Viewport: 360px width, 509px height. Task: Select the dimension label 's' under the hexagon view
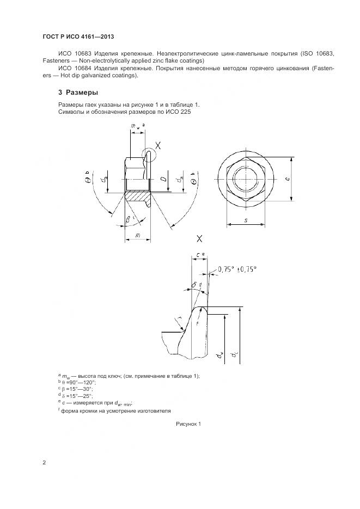(246, 220)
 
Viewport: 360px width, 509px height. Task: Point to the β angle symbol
(128, 220)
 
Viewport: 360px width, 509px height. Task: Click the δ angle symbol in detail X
(194, 284)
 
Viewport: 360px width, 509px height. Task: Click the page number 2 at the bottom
(44, 462)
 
